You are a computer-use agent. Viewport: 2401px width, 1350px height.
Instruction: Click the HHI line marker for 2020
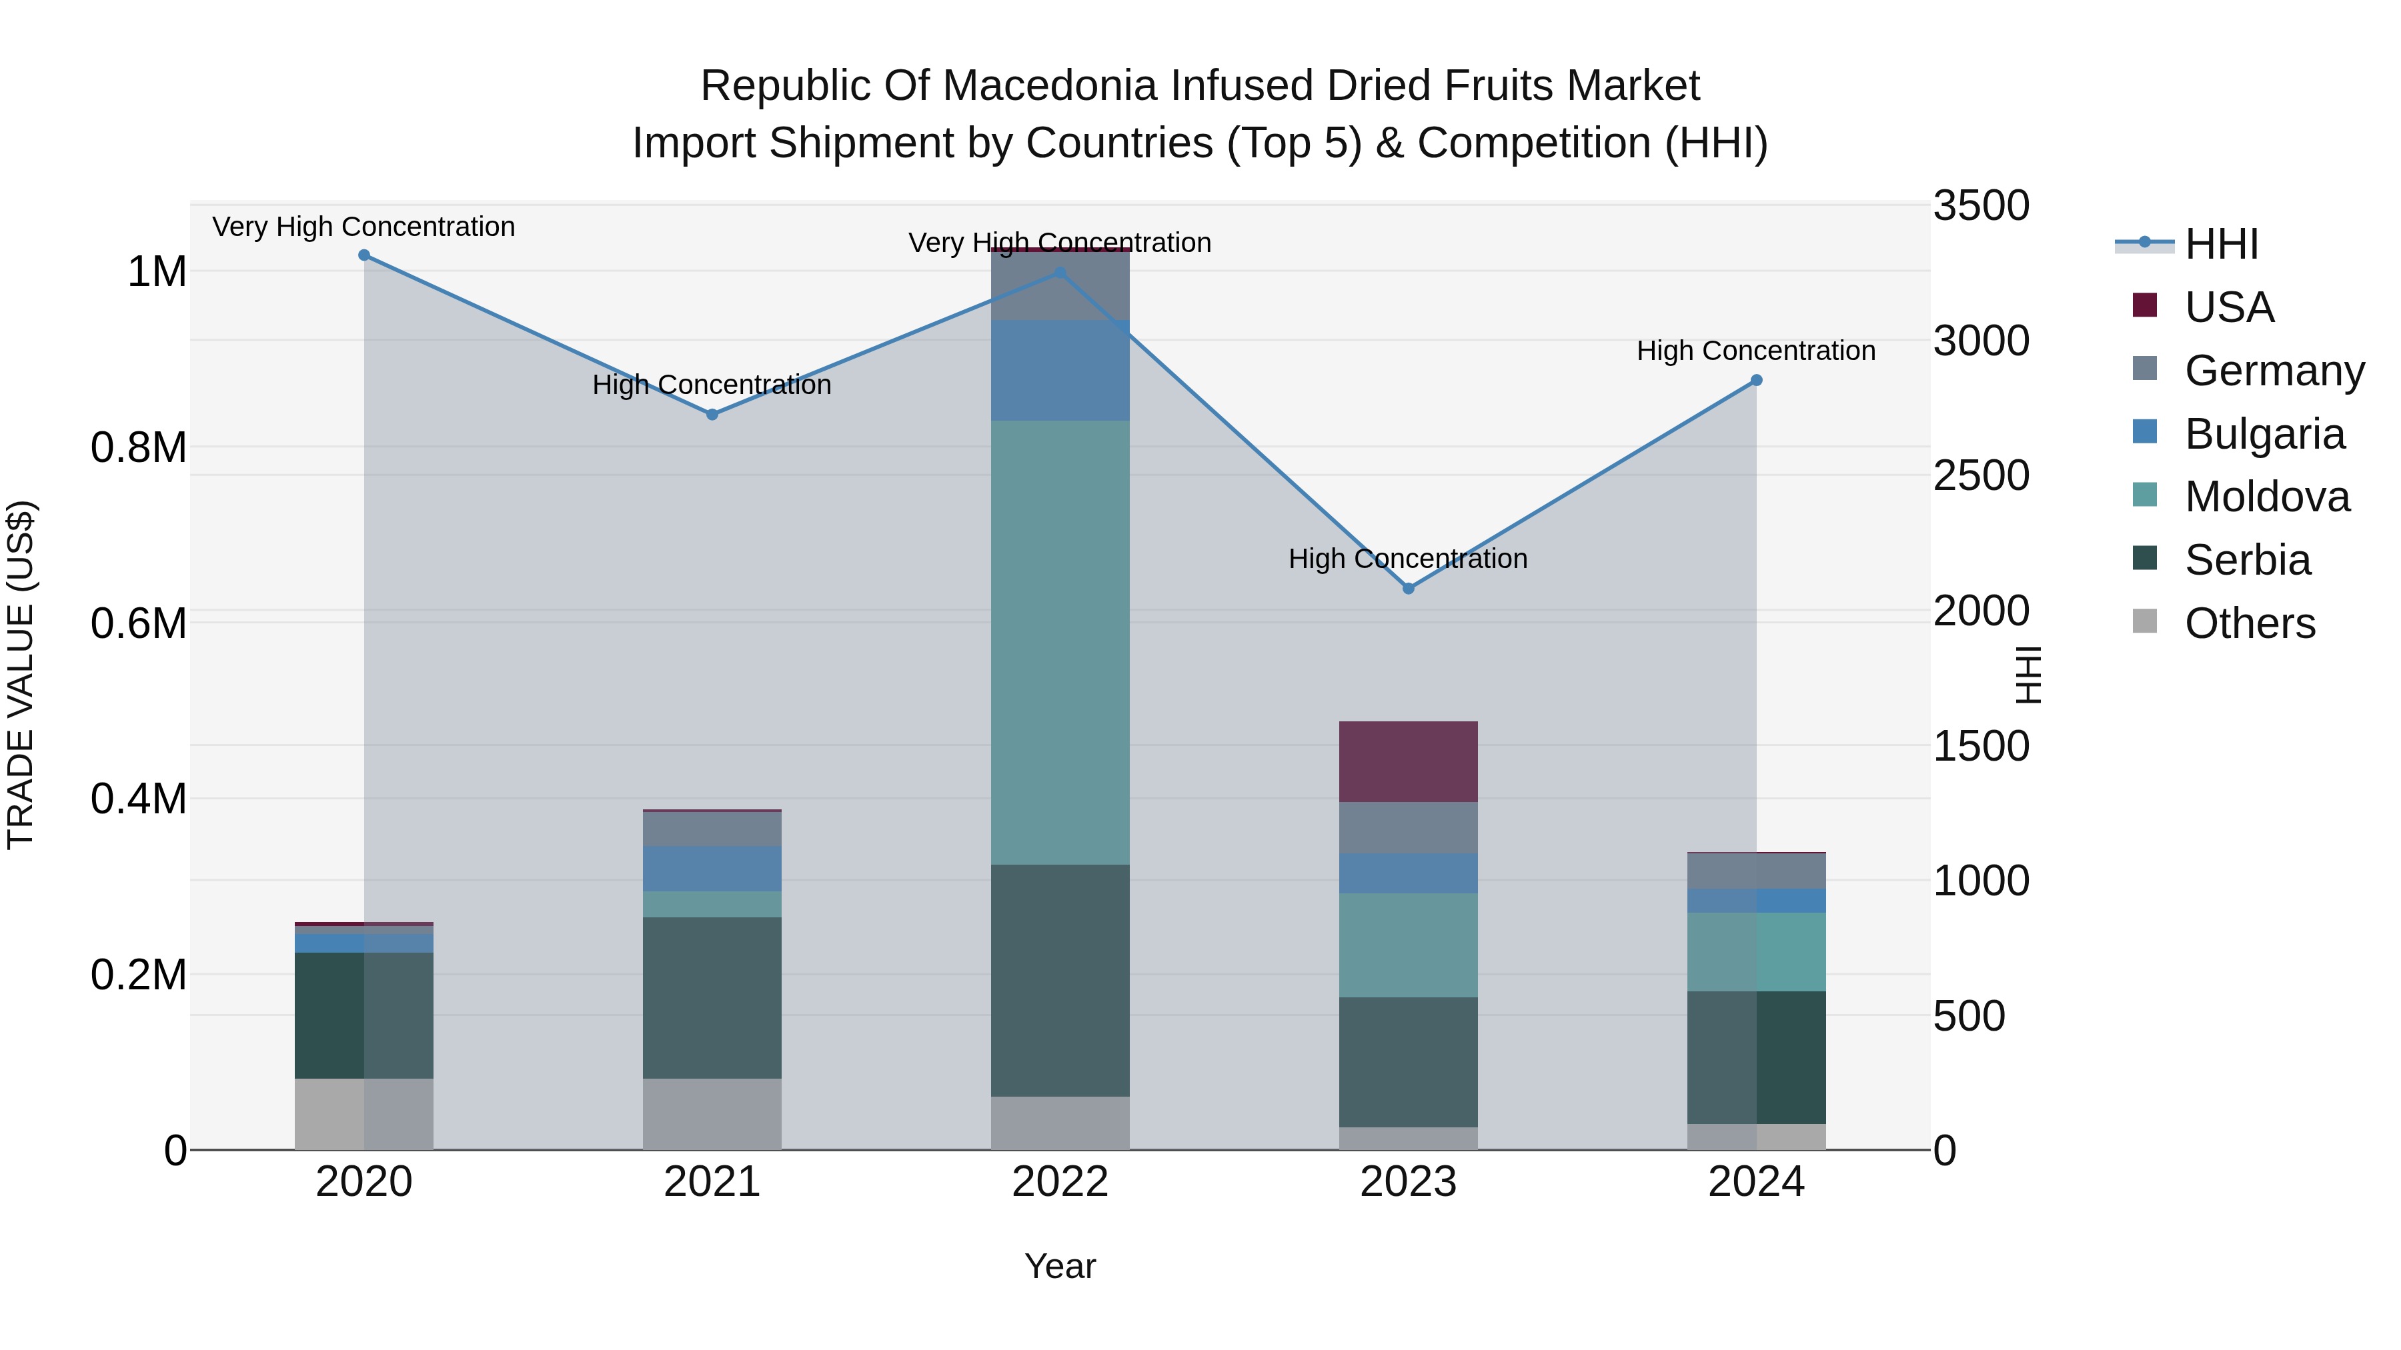(x=363, y=255)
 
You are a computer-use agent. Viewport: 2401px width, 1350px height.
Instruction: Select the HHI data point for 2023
(x=1409, y=589)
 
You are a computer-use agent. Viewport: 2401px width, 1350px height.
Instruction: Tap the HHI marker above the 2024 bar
(x=1756, y=380)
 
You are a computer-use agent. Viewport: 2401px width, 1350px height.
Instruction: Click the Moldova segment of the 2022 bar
(x=1060, y=643)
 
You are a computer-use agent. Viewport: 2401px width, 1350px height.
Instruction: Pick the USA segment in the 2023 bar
(x=1409, y=761)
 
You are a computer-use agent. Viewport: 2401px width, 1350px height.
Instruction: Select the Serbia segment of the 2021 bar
(x=712, y=997)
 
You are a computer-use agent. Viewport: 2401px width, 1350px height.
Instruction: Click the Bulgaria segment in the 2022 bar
(x=1060, y=370)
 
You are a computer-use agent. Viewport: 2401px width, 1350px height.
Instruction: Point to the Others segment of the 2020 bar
(x=363, y=1113)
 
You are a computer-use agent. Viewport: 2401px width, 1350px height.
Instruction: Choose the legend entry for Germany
(x=2274, y=371)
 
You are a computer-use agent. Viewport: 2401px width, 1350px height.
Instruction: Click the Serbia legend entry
(x=2246, y=560)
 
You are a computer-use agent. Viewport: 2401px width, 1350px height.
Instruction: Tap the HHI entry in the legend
(x=2221, y=244)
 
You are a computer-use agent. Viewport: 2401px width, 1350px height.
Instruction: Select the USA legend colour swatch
(x=2145, y=305)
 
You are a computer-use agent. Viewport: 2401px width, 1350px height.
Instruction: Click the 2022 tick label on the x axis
(x=1060, y=1182)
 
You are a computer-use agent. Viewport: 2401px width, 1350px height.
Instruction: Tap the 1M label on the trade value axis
(x=157, y=272)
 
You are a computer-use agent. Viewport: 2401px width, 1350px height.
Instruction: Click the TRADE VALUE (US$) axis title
(x=21, y=675)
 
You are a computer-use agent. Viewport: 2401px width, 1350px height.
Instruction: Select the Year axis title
(x=1060, y=1266)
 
